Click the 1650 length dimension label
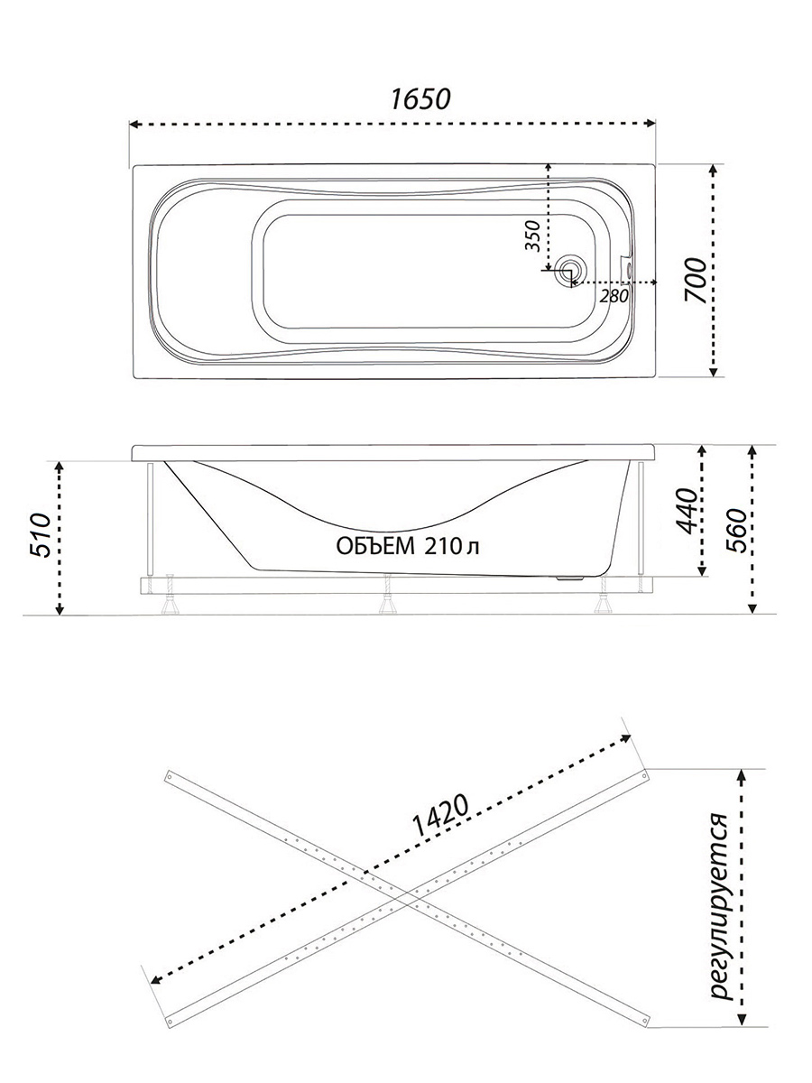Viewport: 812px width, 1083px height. [420, 99]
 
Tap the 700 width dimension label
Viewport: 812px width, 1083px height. [696, 281]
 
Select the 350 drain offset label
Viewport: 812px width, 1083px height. [533, 236]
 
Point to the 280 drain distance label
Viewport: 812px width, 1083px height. [614, 296]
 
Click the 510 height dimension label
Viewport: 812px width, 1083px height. [41, 535]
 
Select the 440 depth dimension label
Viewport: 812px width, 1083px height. [687, 511]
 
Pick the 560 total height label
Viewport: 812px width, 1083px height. [737, 531]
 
